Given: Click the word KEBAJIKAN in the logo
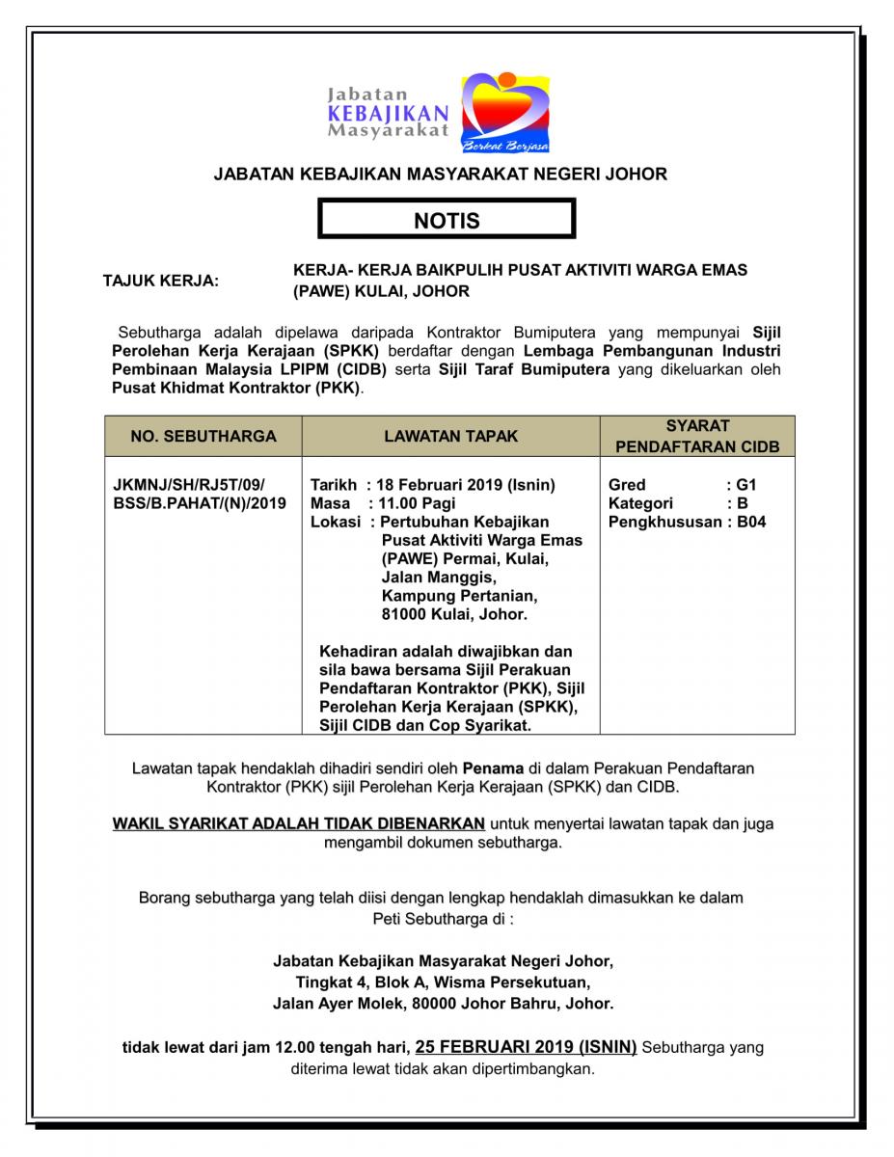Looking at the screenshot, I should coord(388,113).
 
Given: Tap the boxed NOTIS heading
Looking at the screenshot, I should coord(447,221).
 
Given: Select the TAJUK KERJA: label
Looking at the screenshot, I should coord(161,282).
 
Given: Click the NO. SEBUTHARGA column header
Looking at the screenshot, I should coord(203,437).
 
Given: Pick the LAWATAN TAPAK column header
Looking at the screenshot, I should coord(450,437).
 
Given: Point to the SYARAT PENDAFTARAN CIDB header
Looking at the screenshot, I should coord(697,437).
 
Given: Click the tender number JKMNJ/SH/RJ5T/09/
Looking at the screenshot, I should coord(189,485).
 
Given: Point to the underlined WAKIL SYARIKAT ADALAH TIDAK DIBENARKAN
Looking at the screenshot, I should coord(299,824).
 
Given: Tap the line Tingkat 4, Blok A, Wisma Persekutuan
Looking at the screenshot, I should coord(443,982).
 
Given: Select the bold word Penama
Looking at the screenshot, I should coord(493,768).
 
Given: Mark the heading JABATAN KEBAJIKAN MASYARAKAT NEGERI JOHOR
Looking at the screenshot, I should coord(440,175).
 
